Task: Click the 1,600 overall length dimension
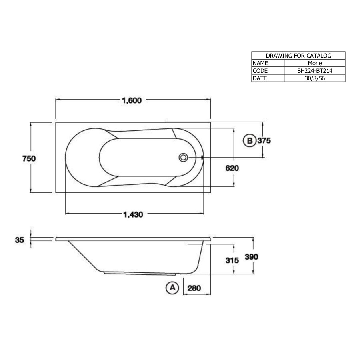[132, 100]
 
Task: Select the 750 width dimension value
[29, 158]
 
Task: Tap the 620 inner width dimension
[232, 168]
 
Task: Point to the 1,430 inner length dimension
[133, 215]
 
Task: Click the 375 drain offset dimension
[264, 140]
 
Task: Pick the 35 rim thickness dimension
[20, 240]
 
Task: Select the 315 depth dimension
[232, 260]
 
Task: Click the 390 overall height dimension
[252, 257]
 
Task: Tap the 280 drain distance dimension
[194, 288]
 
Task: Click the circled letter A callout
[172, 288]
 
